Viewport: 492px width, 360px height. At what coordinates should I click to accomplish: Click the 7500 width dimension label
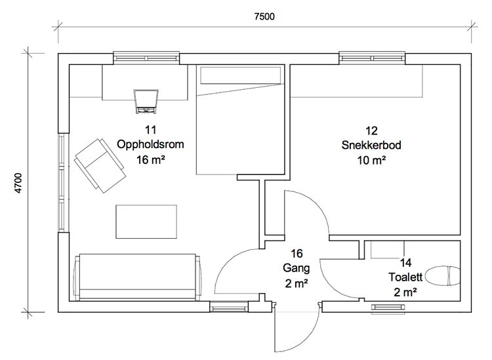click(264, 16)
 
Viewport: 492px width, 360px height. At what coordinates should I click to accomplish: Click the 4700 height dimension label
click(18, 183)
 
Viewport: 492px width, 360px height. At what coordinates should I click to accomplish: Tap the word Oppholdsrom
click(150, 144)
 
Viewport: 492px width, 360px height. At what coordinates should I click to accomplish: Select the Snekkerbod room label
click(371, 145)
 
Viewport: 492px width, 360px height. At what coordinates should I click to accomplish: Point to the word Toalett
click(405, 277)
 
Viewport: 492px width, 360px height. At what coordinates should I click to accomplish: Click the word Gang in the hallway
click(297, 268)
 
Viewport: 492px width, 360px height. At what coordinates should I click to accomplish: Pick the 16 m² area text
click(151, 160)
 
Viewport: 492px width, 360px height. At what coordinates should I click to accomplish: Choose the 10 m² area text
click(371, 161)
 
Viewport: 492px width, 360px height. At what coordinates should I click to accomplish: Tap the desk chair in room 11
click(146, 101)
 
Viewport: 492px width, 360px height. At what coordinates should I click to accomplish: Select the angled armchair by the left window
click(100, 165)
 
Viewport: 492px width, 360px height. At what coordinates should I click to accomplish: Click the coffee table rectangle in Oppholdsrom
click(146, 222)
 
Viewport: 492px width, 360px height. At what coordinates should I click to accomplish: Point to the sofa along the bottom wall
click(137, 277)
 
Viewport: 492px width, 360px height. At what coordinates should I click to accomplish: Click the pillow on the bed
click(241, 75)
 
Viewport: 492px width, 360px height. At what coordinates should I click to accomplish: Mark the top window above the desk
click(146, 58)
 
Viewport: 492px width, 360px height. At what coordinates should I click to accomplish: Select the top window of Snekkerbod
click(372, 58)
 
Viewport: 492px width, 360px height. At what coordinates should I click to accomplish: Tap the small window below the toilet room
click(388, 308)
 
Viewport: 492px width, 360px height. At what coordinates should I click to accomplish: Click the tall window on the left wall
click(64, 183)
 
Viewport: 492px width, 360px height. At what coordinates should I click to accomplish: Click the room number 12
click(371, 130)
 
